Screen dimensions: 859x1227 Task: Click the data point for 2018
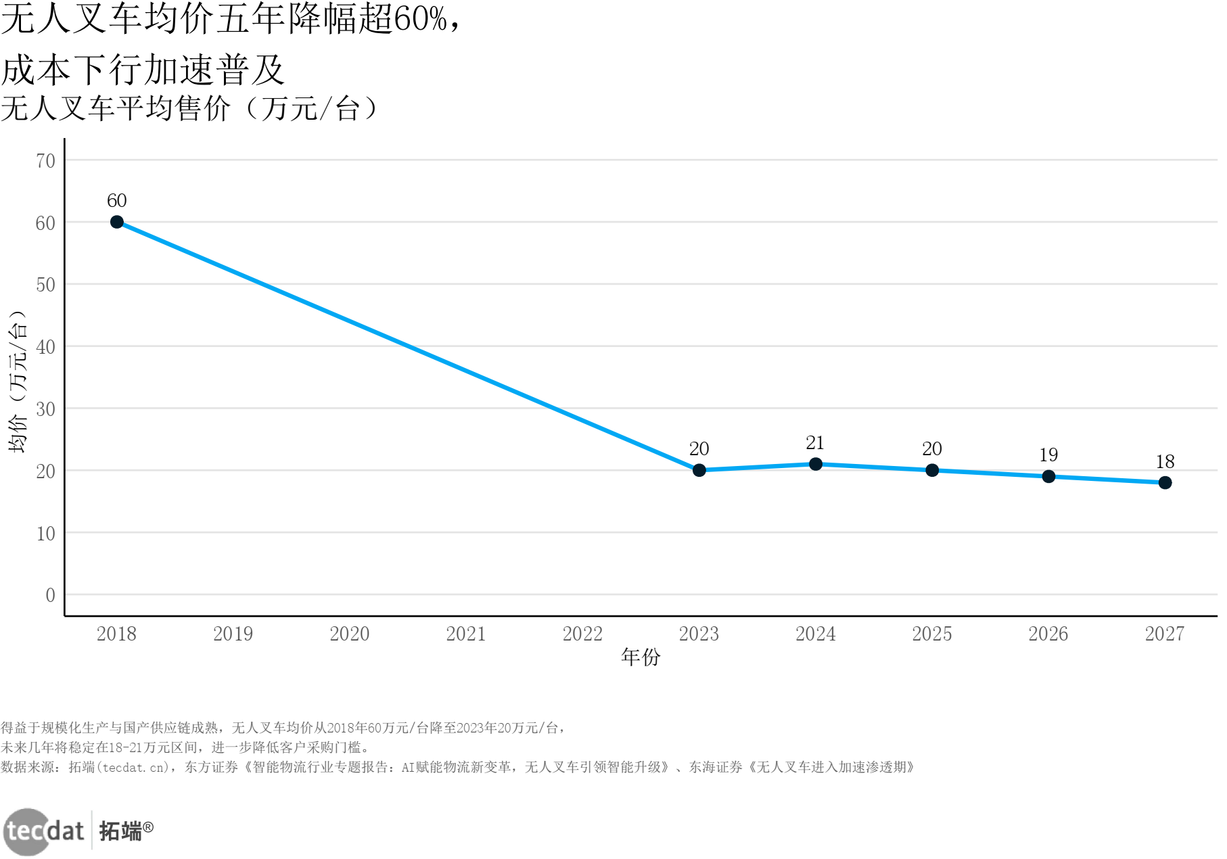pyautogui.click(x=116, y=222)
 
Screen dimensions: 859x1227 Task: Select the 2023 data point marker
pyautogui.click(x=699, y=470)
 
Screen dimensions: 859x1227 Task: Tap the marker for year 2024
pyautogui.click(x=815, y=464)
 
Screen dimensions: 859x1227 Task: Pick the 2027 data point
pyautogui.click(x=1165, y=482)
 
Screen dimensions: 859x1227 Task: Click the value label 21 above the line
pyautogui.click(x=815, y=443)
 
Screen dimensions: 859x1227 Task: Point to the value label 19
pyautogui.click(x=1048, y=455)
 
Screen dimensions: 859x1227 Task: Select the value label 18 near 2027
pyautogui.click(x=1165, y=462)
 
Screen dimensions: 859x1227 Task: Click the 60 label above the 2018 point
pyautogui.click(x=116, y=201)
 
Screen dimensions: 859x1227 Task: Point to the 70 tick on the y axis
pyautogui.click(x=45, y=161)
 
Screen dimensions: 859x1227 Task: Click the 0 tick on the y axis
pyautogui.click(x=50, y=595)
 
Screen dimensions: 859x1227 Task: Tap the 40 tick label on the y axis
pyautogui.click(x=45, y=347)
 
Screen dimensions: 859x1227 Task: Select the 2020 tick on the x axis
pyautogui.click(x=349, y=634)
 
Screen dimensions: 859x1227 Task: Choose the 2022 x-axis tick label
pyautogui.click(x=582, y=634)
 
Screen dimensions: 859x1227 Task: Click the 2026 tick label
pyautogui.click(x=1048, y=634)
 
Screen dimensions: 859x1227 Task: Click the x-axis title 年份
pyautogui.click(x=640, y=657)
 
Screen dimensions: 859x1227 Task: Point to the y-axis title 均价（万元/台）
pyautogui.click(x=18, y=381)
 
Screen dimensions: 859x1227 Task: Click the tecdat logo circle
pyautogui.click(x=27, y=831)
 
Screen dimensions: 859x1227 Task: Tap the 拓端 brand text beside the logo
pyautogui.click(x=120, y=831)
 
